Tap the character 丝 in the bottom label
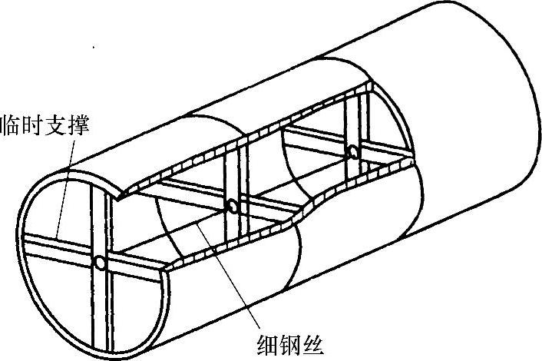316,337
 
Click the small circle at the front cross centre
100,263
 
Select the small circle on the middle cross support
230,206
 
